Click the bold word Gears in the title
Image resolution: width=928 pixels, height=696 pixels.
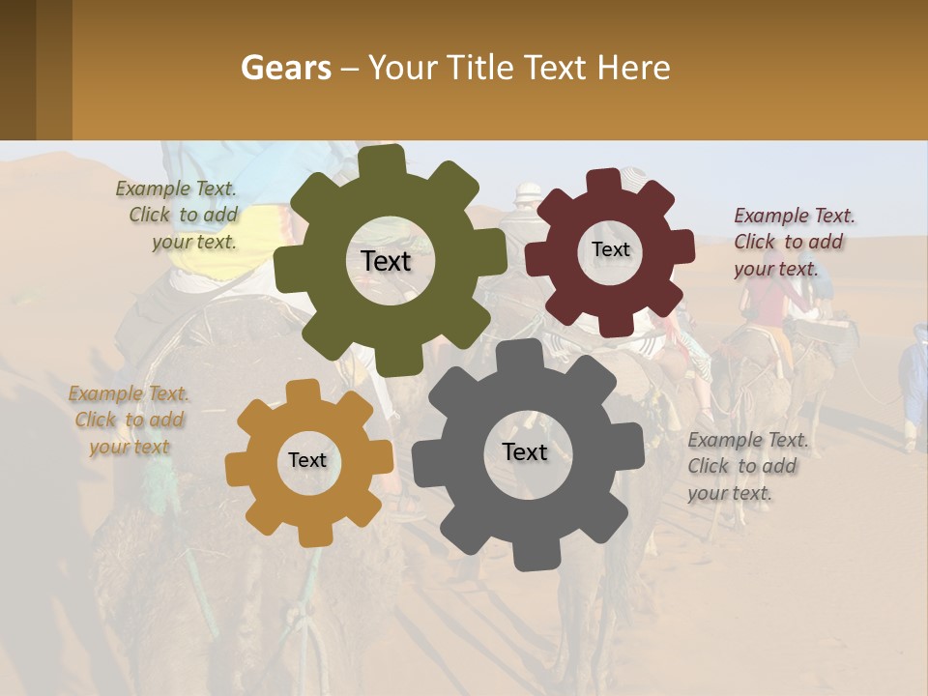click(x=285, y=68)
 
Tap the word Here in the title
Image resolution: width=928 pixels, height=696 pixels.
click(x=632, y=68)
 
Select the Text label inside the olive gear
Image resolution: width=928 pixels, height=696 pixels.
click(x=386, y=261)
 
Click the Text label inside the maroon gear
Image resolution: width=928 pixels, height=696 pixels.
click(x=610, y=249)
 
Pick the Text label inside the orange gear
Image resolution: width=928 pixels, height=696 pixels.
click(x=307, y=460)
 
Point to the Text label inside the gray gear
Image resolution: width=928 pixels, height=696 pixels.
click(x=525, y=451)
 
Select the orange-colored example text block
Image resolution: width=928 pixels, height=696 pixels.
click(x=129, y=420)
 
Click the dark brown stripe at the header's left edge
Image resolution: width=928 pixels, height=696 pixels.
click(x=17, y=70)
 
